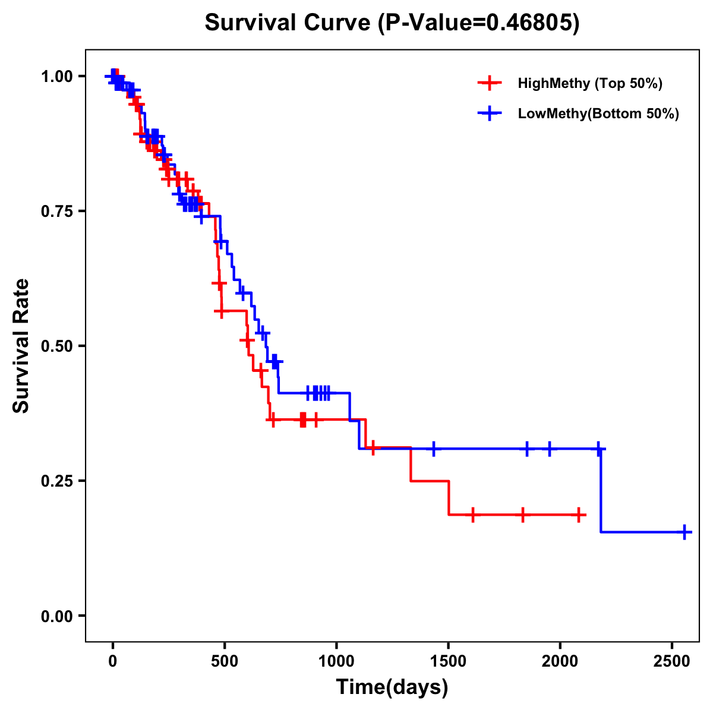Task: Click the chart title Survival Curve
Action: point(392,23)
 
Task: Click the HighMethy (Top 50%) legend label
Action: point(589,83)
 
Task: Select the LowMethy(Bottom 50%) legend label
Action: point(598,113)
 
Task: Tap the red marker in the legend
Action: point(489,83)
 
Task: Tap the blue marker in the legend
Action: point(489,113)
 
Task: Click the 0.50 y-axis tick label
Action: point(58,346)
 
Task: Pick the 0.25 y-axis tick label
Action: point(58,481)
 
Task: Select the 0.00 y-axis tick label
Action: point(58,616)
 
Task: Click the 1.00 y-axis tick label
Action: point(58,76)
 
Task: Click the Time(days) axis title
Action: point(392,687)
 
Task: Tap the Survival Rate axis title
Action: point(21,346)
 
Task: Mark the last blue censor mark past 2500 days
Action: point(684,532)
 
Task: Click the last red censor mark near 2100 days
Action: point(578,515)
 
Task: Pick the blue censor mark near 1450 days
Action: point(434,449)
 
